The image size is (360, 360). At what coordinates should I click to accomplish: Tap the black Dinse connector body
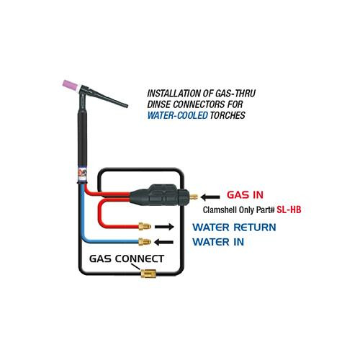pyautogui.click(x=159, y=197)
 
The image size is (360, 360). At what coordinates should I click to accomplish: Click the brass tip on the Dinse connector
pyautogui.click(x=194, y=197)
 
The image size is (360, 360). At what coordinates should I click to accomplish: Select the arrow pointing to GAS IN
pyautogui.click(x=210, y=197)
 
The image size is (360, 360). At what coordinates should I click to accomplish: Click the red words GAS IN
pyautogui.click(x=245, y=194)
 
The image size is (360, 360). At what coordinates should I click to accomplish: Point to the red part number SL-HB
pyautogui.click(x=289, y=210)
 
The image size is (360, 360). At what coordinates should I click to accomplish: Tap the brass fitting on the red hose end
pyautogui.click(x=145, y=226)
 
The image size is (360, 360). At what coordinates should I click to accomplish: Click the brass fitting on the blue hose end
pyautogui.click(x=145, y=241)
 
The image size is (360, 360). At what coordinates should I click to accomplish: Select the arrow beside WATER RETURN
pyautogui.click(x=164, y=227)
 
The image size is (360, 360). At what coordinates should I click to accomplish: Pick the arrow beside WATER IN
pyautogui.click(x=163, y=242)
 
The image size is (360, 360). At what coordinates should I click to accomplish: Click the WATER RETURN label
pyautogui.click(x=234, y=228)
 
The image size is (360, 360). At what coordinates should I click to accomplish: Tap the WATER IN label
pyautogui.click(x=218, y=242)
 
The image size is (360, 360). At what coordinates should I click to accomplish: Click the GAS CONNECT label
pyautogui.click(x=127, y=258)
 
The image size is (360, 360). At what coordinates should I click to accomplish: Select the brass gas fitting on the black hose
pyautogui.click(x=148, y=274)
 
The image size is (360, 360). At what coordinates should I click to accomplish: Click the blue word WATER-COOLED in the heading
pyautogui.click(x=178, y=115)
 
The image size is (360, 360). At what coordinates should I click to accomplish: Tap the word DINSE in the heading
pyautogui.click(x=159, y=104)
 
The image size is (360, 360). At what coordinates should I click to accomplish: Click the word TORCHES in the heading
pyautogui.click(x=228, y=115)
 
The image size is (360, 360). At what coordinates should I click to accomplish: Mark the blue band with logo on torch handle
pyautogui.click(x=82, y=174)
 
